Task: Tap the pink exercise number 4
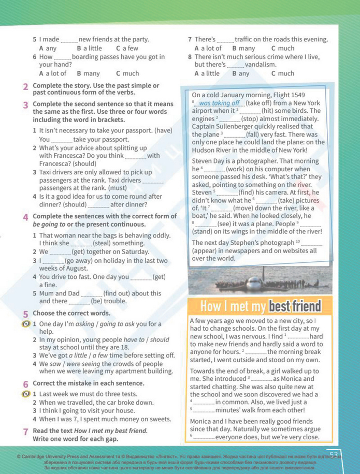click(25, 216)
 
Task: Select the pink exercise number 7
click(25, 431)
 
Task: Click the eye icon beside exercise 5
click(24, 324)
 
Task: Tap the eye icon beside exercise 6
click(24, 394)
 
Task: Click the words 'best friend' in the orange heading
click(295, 306)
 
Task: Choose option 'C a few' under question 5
click(127, 48)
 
